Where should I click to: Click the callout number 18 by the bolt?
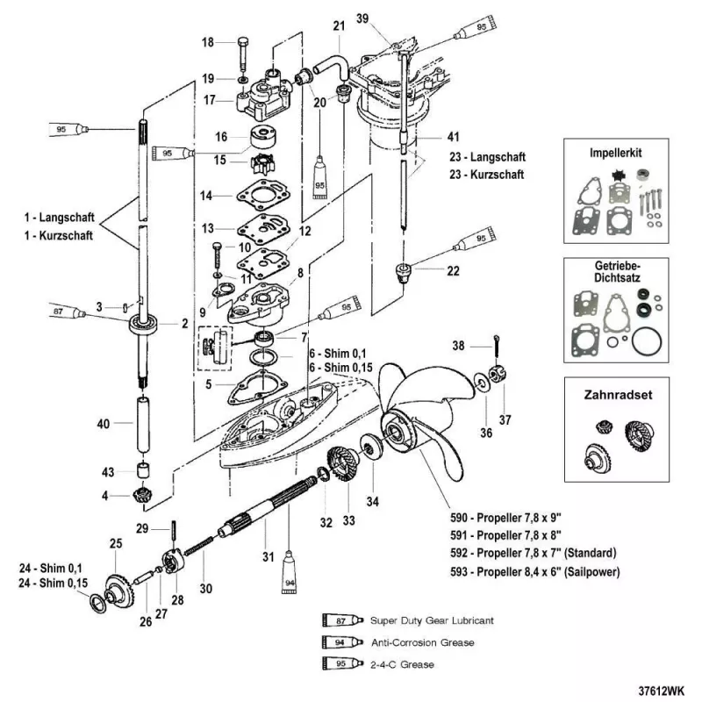tap(207, 42)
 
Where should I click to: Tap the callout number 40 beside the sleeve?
tap(104, 424)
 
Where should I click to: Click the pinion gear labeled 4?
tap(143, 495)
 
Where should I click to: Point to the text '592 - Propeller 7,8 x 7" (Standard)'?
tap(545, 553)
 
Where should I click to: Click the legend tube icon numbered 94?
tap(337, 643)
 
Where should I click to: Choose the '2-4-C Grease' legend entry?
tap(402, 664)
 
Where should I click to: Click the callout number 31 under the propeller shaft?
tap(268, 556)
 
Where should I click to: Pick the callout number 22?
tap(453, 271)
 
